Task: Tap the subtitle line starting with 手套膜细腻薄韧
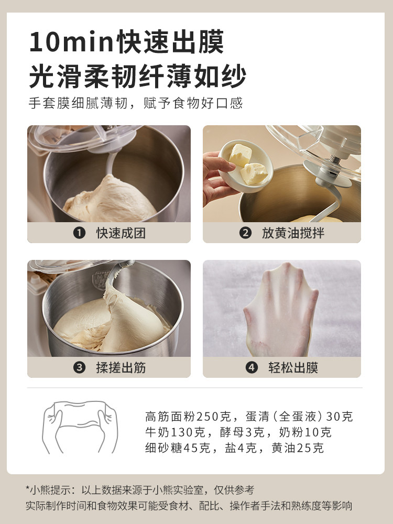tap(135, 102)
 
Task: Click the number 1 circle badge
tap(79, 233)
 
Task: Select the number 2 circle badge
tap(245, 233)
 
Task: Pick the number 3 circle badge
tap(79, 367)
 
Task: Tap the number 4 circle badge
tap(252, 367)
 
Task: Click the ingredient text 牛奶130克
tap(172, 432)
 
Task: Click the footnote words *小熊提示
tap(49, 490)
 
